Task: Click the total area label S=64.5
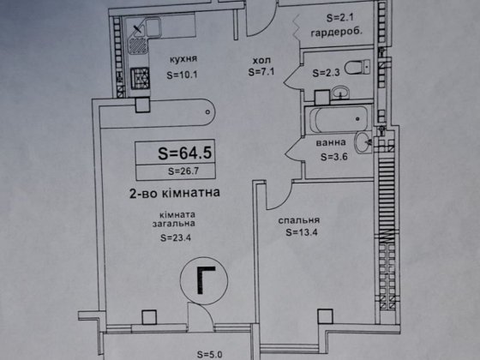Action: point(185,153)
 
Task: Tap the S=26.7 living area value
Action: point(183,171)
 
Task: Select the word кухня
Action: point(183,59)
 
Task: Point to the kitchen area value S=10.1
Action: point(182,75)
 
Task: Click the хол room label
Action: point(261,60)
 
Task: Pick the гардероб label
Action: point(336,33)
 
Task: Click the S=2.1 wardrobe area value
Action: point(339,18)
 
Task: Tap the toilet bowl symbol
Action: point(357,68)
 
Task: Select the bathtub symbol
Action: point(339,119)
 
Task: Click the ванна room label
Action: point(331,142)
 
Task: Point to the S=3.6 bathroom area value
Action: point(334,157)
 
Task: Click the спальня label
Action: point(299,220)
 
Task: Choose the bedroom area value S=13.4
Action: point(302,232)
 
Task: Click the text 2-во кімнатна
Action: point(175,193)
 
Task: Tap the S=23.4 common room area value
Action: point(176,237)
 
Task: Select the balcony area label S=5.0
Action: point(210,355)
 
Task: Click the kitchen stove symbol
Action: point(141,78)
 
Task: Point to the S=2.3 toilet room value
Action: point(326,73)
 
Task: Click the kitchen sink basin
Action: point(153,27)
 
